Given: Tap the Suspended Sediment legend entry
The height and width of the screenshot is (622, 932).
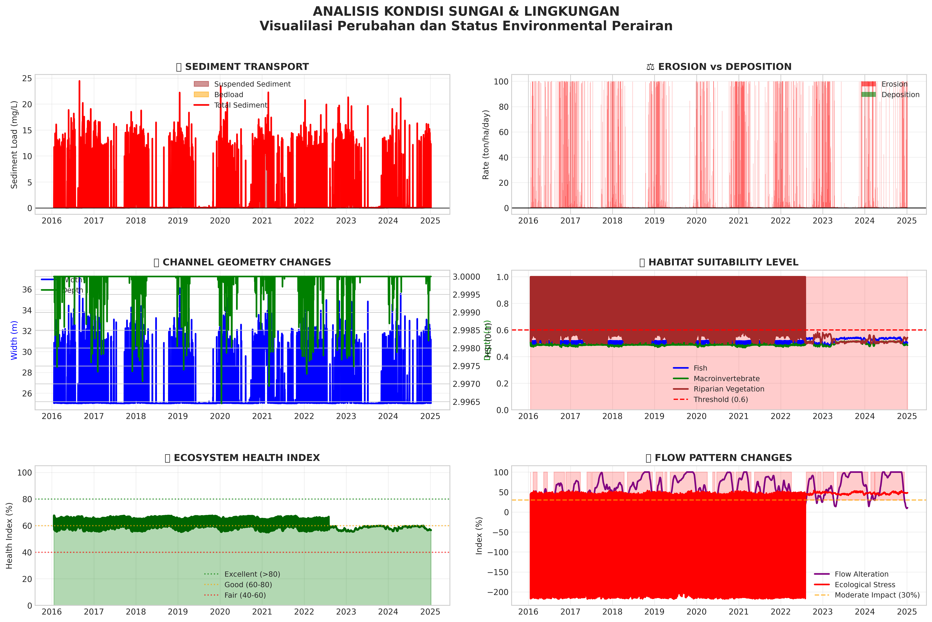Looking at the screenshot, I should (252, 84).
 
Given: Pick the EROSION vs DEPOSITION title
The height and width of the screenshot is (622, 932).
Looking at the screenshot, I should (724, 67).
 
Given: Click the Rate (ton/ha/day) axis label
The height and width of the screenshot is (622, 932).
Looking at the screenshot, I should (486, 145).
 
